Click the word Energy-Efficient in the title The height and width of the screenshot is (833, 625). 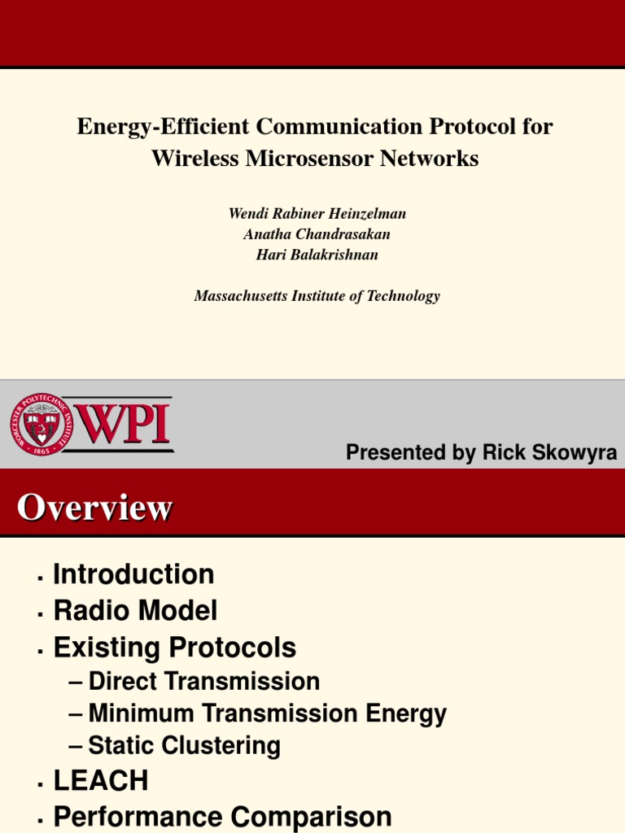pyautogui.click(x=162, y=127)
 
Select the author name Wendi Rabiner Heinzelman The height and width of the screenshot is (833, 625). pyautogui.click(x=317, y=214)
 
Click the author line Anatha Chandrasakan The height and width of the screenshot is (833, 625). pyautogui.click(x=317, y=234)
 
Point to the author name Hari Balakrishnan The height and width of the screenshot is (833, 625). pyautogui.click(x=317, y=255)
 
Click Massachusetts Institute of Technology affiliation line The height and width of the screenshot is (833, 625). pyautogui.click(x=317, y=296)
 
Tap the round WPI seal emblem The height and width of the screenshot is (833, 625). pyautogui.click(x=42, y=424)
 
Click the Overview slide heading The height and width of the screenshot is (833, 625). pyautogui.click(x=94, y=508)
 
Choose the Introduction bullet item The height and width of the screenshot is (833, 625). pyautogui.click(x=133, y=574)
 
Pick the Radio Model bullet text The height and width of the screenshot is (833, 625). pyautogui.click(x=135, y=611)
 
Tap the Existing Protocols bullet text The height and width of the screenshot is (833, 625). pyautogui.click(x=174, y=648)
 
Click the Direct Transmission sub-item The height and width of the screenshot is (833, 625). pyautogui.click(x=203, y=682)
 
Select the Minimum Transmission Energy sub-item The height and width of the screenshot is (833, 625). pyautogui.click(x=267, y=714)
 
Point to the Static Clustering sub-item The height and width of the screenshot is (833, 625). pyautogui.click(x=184, y=746)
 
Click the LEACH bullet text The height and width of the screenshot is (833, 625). pyautogui.click(x=101, y=782)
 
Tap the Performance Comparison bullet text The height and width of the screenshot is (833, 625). pyautogui.click(x=222, y=817)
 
